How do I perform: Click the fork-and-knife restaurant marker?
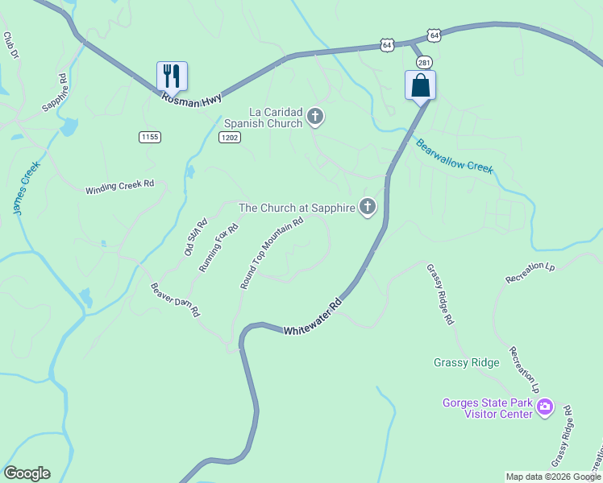172,76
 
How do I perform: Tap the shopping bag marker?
420,85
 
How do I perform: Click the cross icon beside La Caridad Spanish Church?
315,118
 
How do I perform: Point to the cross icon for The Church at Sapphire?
368,208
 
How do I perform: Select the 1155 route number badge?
149,138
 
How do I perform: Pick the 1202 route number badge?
229,138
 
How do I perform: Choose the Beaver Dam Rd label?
175,299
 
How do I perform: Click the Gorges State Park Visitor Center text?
488,408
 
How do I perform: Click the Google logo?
27,473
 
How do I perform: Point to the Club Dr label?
10,45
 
